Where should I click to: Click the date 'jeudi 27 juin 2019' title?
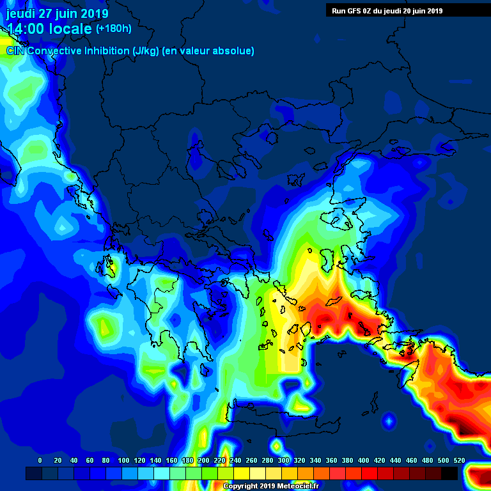coord(58,13)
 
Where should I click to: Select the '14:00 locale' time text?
coord(50,29)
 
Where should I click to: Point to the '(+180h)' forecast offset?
coord(113,29)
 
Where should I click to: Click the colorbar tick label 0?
coord(40,460)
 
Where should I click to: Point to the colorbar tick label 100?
coord(123,460)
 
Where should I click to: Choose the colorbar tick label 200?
coord(203,460)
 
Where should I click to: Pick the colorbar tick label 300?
coord(283,460)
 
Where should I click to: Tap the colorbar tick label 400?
coord(363,460)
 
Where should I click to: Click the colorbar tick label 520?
coord(459,460)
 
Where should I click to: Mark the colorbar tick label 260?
coord(251,460)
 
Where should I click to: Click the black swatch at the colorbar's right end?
coord(449,473)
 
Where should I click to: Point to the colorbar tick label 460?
coord(411,460)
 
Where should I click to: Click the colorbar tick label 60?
coord(90,460)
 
